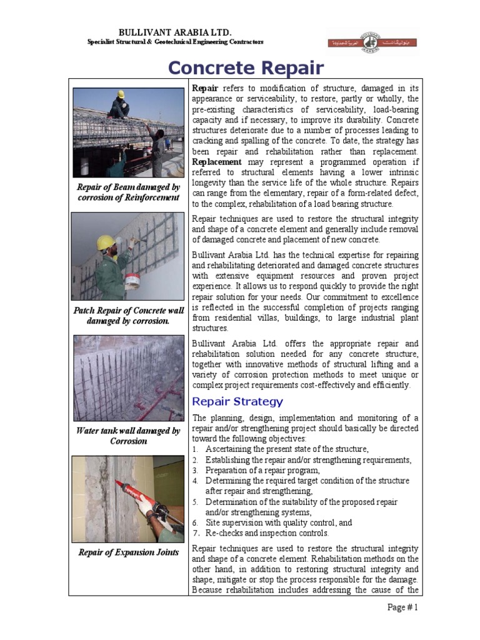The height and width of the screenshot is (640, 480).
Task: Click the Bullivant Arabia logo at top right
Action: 371,42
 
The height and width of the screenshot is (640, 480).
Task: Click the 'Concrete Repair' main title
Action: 246,67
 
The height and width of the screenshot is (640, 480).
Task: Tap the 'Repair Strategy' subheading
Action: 237,401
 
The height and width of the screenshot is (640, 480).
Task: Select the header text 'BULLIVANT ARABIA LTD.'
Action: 175,31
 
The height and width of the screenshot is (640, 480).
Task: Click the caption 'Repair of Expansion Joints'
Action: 128,552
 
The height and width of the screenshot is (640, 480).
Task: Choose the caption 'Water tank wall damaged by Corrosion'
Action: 128,436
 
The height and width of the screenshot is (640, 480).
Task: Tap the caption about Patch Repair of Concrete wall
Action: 128,316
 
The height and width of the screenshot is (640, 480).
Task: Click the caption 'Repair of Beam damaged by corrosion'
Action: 128,192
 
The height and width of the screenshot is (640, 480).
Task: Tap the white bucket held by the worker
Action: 132,280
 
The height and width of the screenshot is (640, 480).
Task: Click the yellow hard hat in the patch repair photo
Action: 106,242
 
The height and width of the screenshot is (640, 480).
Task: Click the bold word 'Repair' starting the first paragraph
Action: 205,89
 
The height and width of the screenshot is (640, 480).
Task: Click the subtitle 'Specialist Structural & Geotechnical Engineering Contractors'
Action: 175,41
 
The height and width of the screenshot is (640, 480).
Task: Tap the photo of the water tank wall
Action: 128,377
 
